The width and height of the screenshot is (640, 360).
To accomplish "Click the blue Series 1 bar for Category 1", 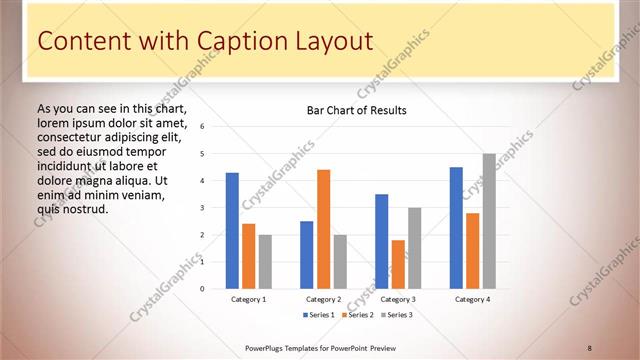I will (x=232, y=231).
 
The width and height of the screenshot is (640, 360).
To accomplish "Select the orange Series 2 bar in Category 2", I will (x=323, y=229).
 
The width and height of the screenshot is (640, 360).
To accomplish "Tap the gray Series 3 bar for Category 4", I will (x=489, y=221).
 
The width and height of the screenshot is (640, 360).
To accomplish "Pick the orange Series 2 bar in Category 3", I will (x=398, y=264).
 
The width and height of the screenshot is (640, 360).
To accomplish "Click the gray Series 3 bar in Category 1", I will (x=265, y=262).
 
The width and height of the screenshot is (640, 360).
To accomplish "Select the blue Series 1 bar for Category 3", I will (x=381, y=241).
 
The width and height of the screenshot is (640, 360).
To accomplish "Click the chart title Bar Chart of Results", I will (x=356, y=110).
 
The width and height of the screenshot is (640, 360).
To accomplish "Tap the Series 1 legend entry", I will (x=319, y=315).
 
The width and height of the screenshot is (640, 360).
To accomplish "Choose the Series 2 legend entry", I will (x=357, y=315).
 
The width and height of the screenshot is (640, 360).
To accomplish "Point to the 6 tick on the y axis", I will (x=202, y=127).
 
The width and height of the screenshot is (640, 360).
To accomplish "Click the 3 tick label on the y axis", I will (x=202, y=208).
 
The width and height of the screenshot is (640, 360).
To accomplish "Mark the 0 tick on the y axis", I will (x=202, y=289).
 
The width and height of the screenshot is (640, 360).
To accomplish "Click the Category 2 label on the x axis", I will (x=323, y=299).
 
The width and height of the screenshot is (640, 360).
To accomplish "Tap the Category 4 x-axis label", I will (x=472, y=299).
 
